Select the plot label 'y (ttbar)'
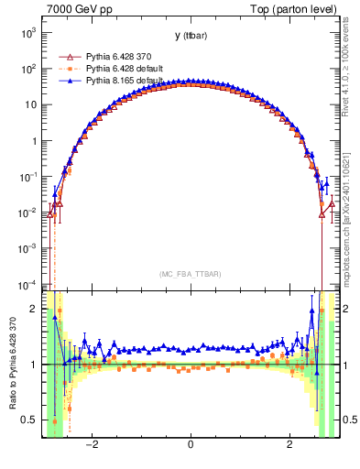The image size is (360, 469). tap(189, 36)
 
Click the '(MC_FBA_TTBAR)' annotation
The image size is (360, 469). tap(189, 274)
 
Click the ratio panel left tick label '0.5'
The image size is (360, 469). tap(30, 420)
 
